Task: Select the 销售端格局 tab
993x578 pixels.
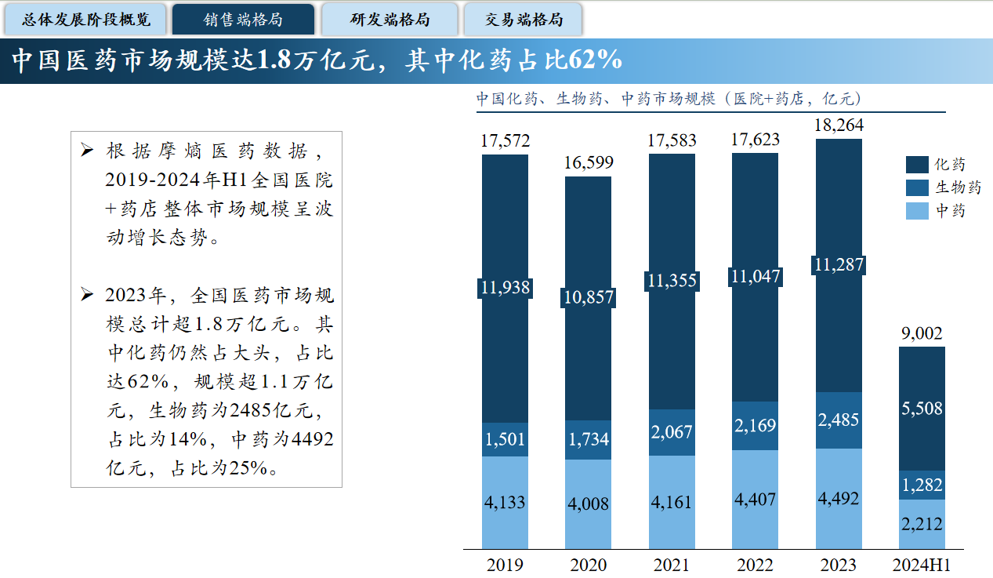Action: click(x=243, y=19)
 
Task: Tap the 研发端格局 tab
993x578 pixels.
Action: click(x=390, y=19)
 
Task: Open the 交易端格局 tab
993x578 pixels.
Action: click(x=523, y=19)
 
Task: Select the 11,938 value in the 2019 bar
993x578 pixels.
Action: click(x=505, y=288)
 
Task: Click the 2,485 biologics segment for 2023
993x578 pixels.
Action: click(x=839, y=421)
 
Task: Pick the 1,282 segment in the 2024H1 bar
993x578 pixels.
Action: click(x=922, y=485)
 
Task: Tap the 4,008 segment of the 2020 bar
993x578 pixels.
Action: click(x=588, y=503)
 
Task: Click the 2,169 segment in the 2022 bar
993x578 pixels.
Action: click(x=755, y=426)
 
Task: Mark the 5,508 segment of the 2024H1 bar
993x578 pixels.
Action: click(x=922, y=408)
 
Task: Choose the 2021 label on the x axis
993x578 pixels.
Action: click(x=672, y=565)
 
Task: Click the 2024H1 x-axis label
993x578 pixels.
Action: click(x=922, y=565)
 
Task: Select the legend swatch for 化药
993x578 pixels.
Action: click(x=917, y=165)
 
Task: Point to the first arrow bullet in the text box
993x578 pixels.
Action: click(x=88, y=150)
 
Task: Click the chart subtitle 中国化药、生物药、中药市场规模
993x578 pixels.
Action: click(x=596, y=99)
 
